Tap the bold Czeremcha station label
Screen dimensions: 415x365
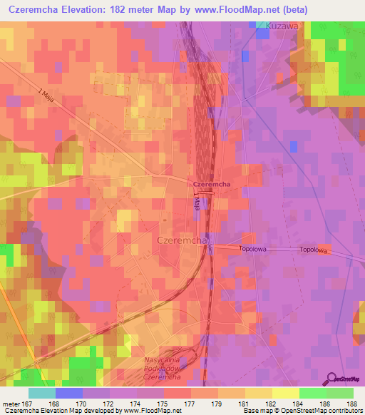coord(210,184)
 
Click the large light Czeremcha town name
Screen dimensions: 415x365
coord(181,241)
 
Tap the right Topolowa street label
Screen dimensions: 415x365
coord(313,250)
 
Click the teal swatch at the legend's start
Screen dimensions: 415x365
coord(41,393)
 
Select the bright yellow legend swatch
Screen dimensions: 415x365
coord(285,393)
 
